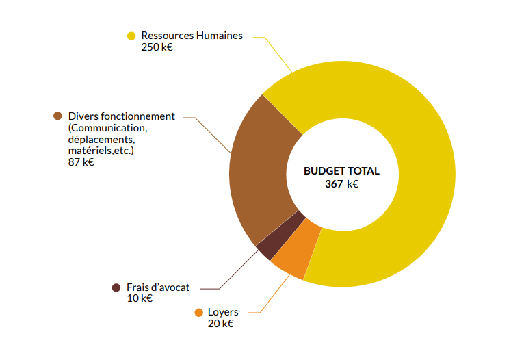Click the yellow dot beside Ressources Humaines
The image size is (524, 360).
(x=131, y=36)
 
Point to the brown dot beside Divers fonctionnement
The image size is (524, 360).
(x=57, y=116)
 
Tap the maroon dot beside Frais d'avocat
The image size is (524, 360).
(x=116, y=287)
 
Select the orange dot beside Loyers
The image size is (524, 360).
(x=198, y=312)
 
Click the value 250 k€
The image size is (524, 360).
(x=157, y=47)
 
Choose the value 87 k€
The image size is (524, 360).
(x=81, y=162)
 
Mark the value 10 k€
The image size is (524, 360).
(x=140, y=298)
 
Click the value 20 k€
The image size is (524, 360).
(x=220, y=324)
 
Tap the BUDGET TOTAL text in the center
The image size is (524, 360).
(x=341, y=171)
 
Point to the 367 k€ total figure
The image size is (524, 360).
(x=341, y=183)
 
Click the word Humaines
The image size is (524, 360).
(x=218, y=36)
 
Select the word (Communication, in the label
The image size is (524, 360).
(x=108, y=128)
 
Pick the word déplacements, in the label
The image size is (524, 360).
(x=101, y=140)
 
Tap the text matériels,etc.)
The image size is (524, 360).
(x=101, y=151)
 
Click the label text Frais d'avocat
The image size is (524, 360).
(x=158, y=287)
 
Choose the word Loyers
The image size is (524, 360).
(x=223, y=312)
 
